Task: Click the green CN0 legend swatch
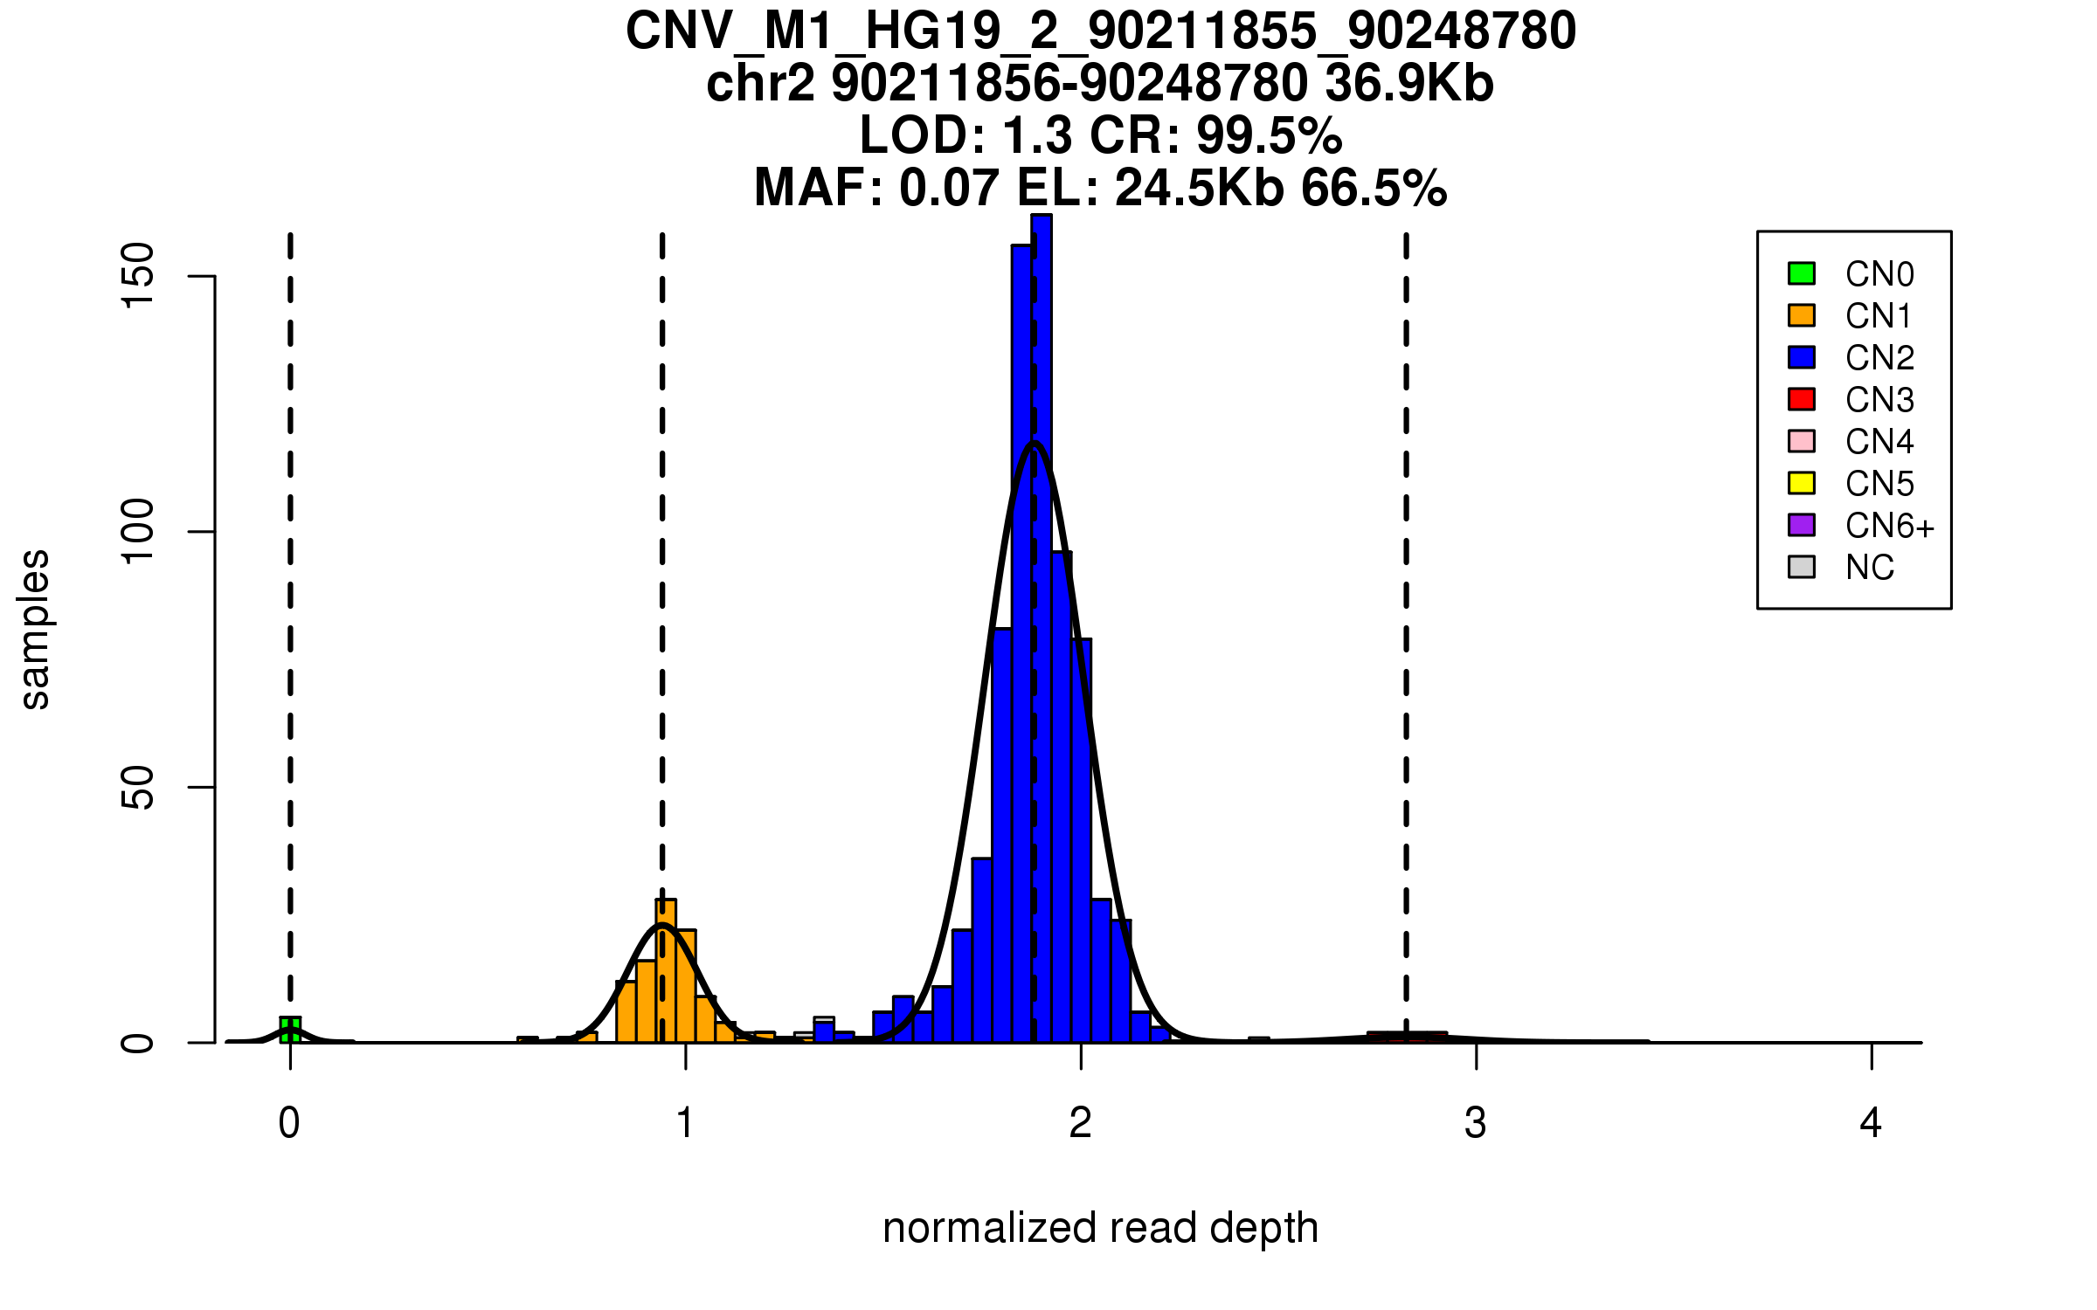(1802, 273)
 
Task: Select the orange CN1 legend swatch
(1802, 315)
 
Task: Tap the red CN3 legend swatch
(1802, 399)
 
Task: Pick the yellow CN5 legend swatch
(1802, 483)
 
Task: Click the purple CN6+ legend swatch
(1802, 525)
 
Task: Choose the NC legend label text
(1869, 568)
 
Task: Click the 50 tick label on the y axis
(137, 787)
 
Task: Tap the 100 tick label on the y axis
(137, 531)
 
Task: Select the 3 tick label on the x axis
(1476, 1123)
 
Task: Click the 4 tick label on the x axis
(1871, 1123)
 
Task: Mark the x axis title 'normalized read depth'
(1100, 1228)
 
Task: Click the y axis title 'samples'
(35, 629)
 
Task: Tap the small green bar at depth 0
(290, 1030)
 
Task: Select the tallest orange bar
(666, 969)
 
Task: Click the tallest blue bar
(1042, 629)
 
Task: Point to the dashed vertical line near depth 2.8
(1406, 611)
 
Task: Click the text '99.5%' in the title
(1269, 135)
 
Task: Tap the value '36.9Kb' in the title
(1409, 83)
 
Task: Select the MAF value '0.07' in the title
(948, 188)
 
